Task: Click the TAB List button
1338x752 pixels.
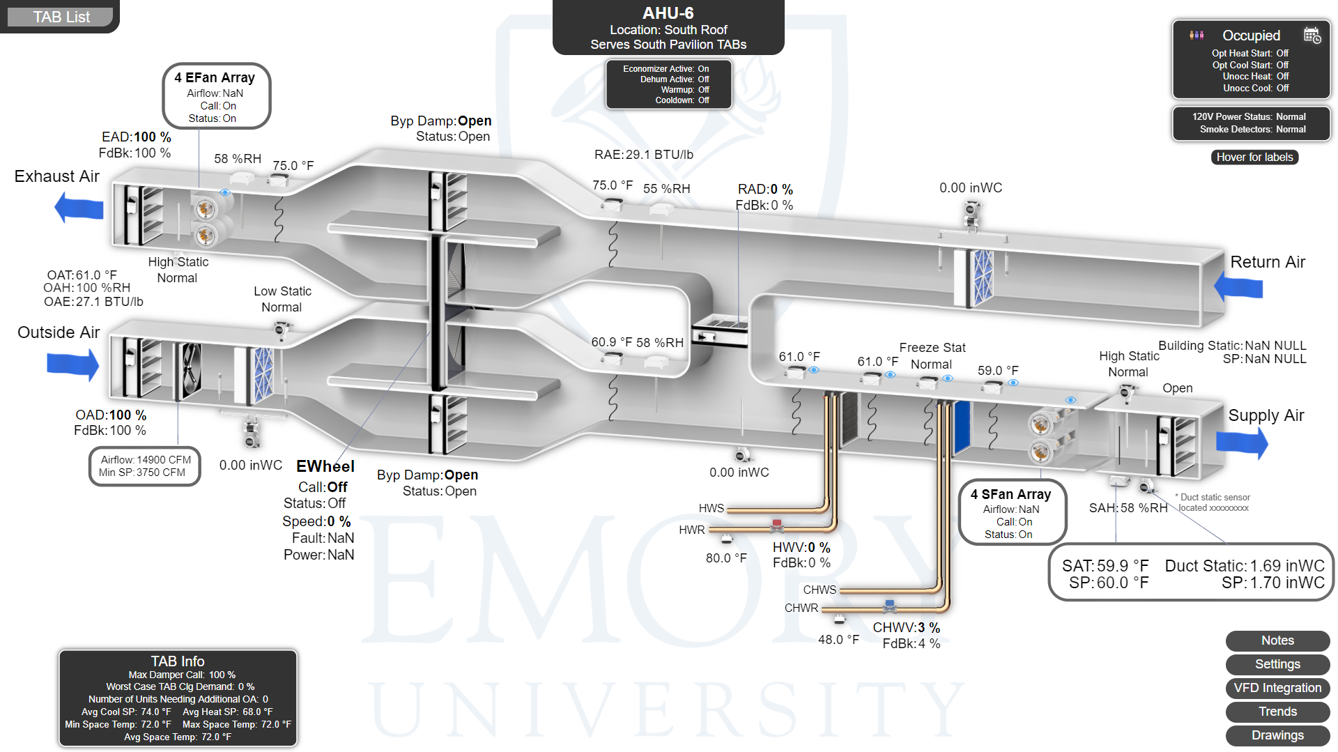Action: pos(61,17)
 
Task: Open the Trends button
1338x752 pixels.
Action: pos(1277,712)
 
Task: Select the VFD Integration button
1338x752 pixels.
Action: pos(1277,688)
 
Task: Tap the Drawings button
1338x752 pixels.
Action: pos(1277,735)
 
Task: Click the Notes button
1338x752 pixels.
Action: pos(1277,640)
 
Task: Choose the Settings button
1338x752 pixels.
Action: pos(1277,664)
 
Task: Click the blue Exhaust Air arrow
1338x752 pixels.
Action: pos(79,208)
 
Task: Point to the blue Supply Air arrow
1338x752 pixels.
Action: pos(1242,443)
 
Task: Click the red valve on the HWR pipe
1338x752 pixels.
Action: pos(776,524)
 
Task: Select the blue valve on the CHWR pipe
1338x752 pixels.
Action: pos(890,604)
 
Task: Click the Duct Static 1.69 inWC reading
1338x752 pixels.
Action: pos(1245,566)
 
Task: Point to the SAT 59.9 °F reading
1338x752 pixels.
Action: pos(1105,566)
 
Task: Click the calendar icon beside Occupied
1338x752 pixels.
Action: pos(1312,36)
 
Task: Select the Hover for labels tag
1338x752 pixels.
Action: pos(1254,158)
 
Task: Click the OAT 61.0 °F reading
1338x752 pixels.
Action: pos(82,275)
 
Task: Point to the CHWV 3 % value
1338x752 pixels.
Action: pos(906,627)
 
